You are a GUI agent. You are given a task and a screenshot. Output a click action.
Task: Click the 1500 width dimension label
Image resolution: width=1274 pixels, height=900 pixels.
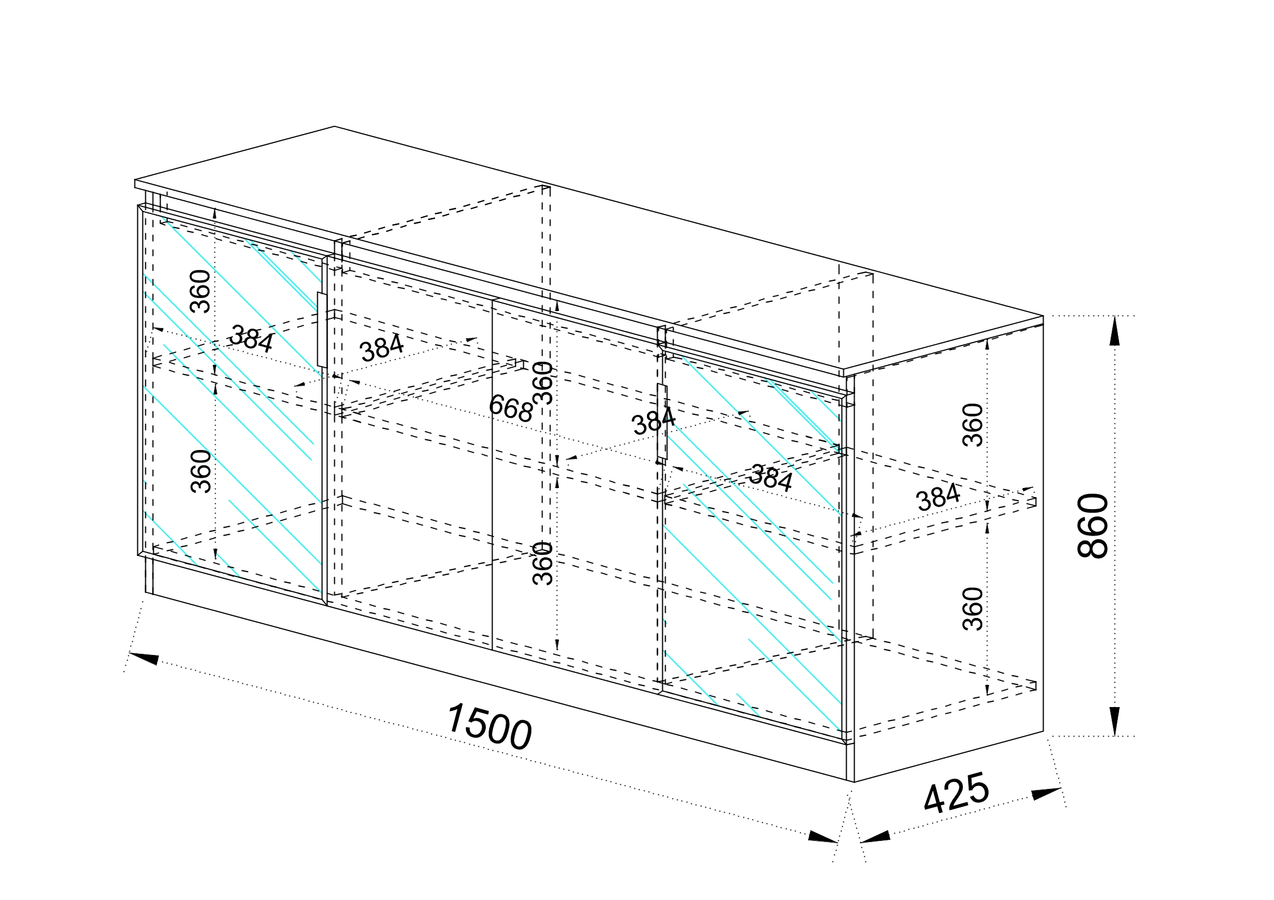coord(489,727)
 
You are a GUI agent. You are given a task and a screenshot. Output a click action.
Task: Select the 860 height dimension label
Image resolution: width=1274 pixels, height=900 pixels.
coord(1093,526)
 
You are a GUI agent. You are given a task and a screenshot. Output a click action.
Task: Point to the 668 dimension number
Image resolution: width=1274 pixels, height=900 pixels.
coord(511,408)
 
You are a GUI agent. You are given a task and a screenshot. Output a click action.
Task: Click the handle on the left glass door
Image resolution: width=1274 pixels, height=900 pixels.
coord(321,330)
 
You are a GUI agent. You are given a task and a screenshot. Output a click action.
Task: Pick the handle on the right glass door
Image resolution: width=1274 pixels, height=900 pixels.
coord(662,423)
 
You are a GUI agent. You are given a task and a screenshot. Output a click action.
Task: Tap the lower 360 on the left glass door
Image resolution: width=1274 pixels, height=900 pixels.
coord(201,471)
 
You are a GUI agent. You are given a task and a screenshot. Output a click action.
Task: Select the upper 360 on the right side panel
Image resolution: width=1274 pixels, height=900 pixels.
coord(973,425)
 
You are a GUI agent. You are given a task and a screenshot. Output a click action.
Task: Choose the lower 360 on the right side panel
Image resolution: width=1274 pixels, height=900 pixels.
coord(973,609)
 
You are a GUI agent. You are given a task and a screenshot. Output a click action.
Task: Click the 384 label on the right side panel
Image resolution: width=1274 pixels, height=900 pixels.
coord(938,498)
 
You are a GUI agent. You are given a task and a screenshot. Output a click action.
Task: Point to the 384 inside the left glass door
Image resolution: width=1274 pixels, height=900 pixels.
coord(251,339)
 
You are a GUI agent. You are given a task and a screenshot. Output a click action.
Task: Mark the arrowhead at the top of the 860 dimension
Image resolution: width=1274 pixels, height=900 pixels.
coord(1115,331)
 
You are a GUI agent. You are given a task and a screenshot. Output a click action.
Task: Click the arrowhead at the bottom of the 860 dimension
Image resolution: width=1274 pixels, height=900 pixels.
coord(1115,721)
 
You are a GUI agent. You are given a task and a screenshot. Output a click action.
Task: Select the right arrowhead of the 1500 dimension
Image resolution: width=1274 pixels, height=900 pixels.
coord(823,837)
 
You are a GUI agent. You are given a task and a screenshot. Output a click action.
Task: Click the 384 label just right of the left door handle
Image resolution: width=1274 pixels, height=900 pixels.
coord(382,347)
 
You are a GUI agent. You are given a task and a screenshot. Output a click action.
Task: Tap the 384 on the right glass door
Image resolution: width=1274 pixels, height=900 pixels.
coord(771,478)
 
